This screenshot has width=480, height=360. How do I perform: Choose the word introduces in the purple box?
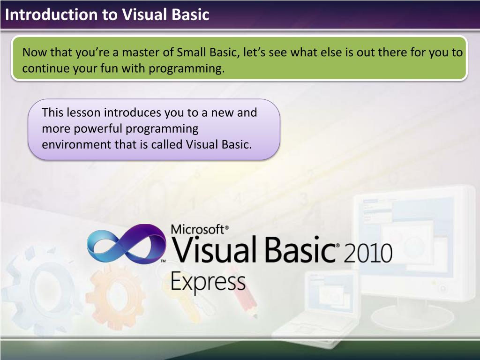[x=133, y=112]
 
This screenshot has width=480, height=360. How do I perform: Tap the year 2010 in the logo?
[x=367, y=254]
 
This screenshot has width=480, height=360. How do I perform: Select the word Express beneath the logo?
[x=208, y=283]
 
